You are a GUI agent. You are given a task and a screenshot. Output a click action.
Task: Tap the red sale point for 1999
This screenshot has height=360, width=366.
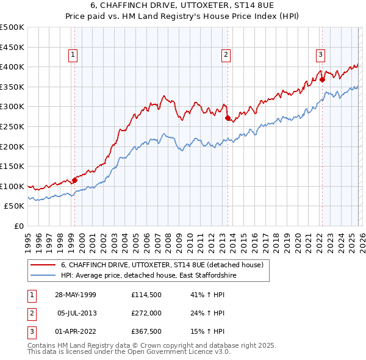tap(75, 180)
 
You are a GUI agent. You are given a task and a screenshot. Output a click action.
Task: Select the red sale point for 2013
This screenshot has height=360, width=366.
tap(228, 118)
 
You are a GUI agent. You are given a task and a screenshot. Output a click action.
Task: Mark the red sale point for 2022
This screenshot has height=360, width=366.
tap(322, 79)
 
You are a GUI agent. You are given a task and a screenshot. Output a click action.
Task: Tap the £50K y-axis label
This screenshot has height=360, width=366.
tap(14, 206)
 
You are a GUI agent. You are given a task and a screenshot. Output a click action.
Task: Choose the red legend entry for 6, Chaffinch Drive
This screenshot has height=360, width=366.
tap(162, 265)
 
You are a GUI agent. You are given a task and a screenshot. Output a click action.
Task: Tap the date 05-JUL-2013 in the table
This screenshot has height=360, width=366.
tap(78, 314)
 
